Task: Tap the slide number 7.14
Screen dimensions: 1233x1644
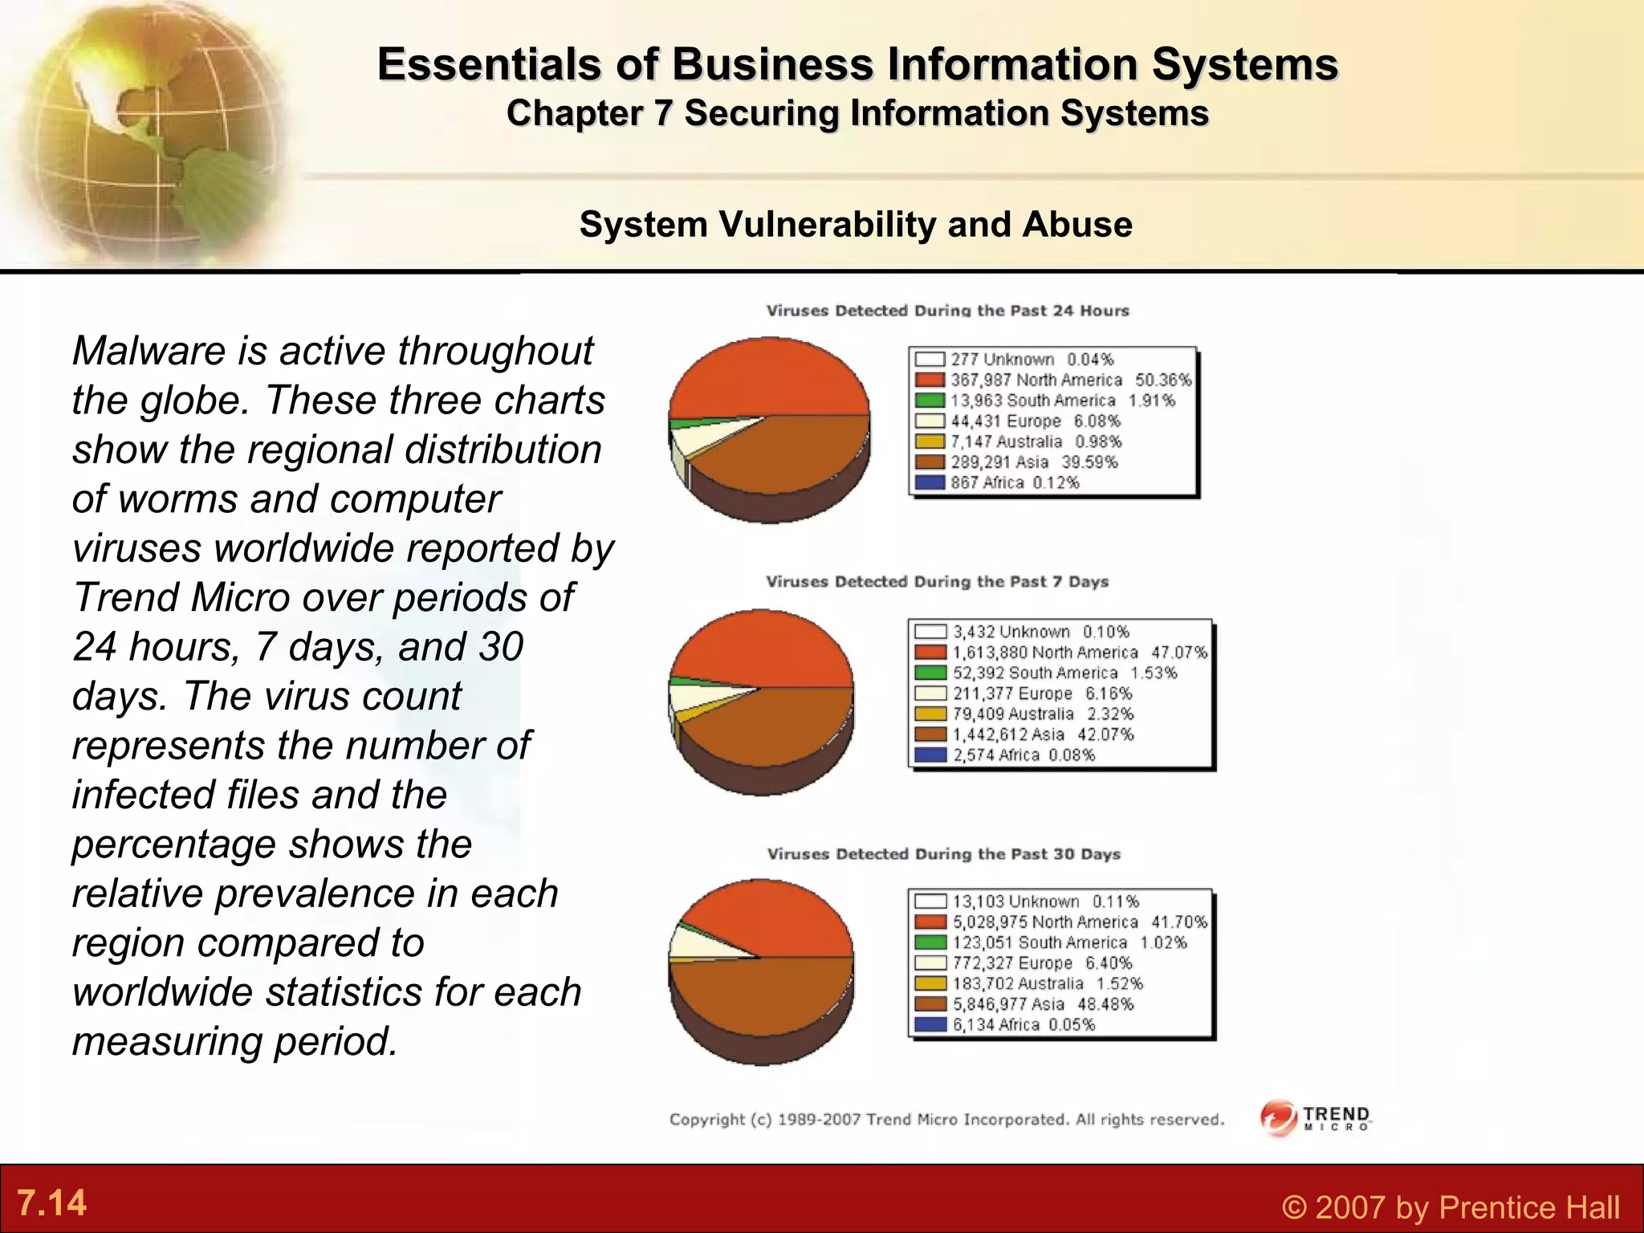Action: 51,1202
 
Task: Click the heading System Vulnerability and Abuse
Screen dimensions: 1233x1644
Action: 856,225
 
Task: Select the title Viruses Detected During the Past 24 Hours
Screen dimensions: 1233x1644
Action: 947,311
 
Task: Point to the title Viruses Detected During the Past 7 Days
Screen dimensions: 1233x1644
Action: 937,581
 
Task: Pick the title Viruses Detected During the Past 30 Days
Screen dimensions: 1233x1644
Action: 943,854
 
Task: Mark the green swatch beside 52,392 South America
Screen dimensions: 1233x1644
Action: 930,673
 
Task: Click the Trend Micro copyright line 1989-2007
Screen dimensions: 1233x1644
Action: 947,1119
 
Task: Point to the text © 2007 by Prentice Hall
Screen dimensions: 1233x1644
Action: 1451,1207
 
